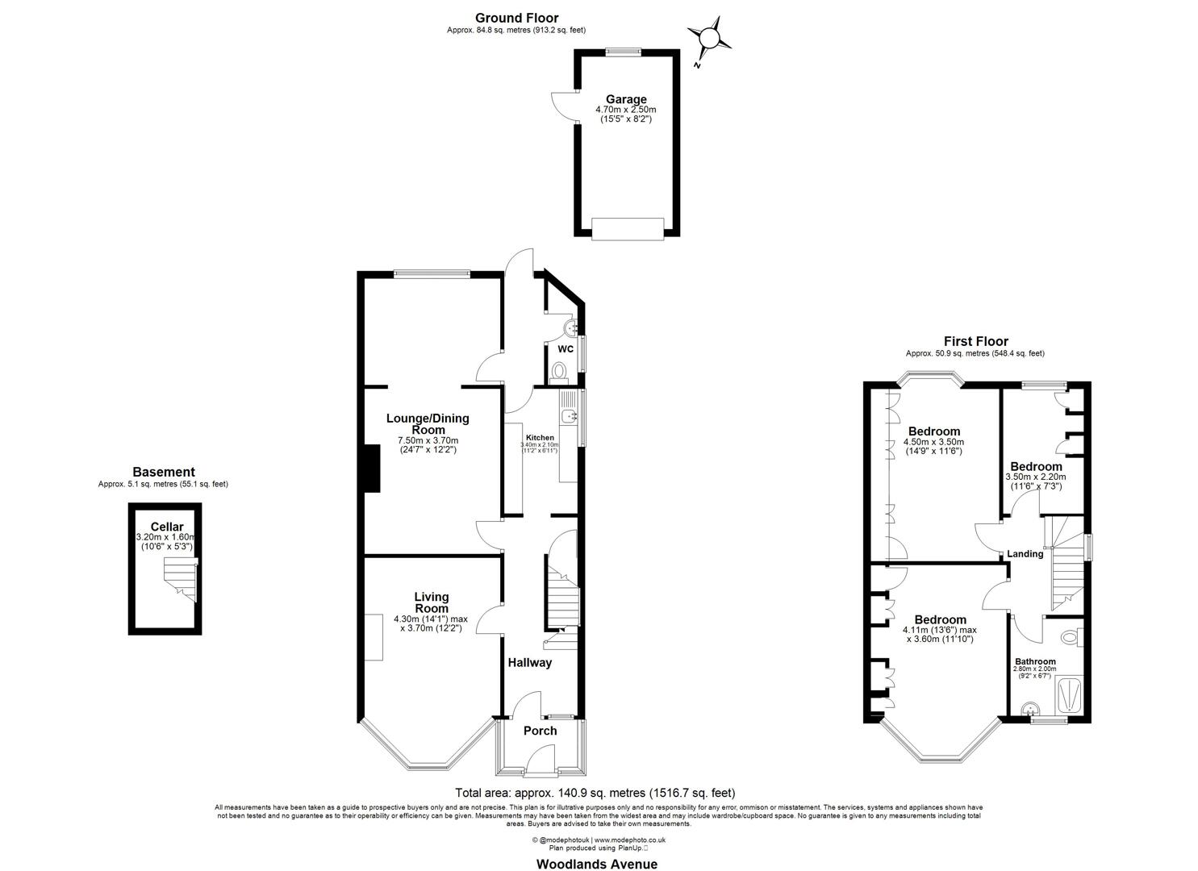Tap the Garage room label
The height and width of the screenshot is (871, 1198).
tap(626, 100)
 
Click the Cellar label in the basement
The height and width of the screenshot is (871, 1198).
tap(166, 527)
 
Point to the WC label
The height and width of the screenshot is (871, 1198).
tap(566, 349)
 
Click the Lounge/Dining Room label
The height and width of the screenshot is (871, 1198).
tap(428, 424)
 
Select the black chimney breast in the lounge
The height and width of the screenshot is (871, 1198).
tap(370, 469)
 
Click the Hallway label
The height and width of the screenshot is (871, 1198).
tap(529, 663)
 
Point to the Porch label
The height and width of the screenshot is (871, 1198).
tap(540, 731)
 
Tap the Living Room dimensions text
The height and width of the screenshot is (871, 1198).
tap(428, 623)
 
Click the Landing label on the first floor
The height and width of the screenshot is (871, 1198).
tap(1025, 554)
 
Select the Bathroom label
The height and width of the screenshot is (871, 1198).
tap(1035, 661)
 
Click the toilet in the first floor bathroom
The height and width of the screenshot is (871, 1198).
tap(1071, 637)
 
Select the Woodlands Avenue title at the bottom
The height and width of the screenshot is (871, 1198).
tap(597, 864)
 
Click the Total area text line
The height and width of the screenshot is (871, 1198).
tap(595, 793)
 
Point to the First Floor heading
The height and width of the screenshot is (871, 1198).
tap(975, 341)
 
